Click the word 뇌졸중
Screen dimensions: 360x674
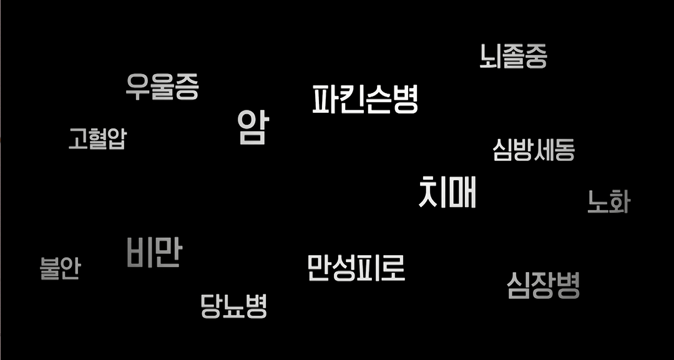coord(514,56)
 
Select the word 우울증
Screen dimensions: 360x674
coord(162,86)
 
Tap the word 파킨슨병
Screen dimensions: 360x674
coord(365,99)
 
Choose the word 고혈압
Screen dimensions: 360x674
coord(97,139)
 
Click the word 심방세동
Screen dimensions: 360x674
coord(534,150)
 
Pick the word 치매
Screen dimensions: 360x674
coord(447,192)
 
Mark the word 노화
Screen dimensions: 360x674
coord(608,202)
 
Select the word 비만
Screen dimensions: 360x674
coord(154,252)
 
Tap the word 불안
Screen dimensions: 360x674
coord(61,268)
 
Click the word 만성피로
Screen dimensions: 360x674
coord(356,268)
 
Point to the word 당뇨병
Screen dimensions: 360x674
coord(234,306)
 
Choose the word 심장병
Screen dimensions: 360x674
coord(544,285)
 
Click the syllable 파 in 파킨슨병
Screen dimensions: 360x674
coord(325,99)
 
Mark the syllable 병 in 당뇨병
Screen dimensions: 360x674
coord(256,306)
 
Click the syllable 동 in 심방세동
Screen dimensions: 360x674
coord(564,150)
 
